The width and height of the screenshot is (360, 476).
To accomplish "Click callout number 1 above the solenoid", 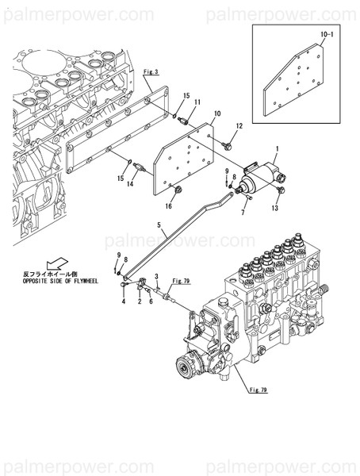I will tap(276, 149).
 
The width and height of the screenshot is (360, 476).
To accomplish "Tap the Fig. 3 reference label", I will tap(151, 72).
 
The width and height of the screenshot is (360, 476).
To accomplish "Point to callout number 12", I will tap(239, 127).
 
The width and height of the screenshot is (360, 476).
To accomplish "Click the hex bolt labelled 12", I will tap(228, 144).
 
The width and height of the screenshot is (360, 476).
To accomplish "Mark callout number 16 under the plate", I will tap(168, 206).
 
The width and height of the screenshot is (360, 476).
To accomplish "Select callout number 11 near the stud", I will tap(197, 103).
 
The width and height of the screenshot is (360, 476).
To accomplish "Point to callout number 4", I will tap(124, 302).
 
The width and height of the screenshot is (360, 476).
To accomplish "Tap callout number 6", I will tap(151, 302).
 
